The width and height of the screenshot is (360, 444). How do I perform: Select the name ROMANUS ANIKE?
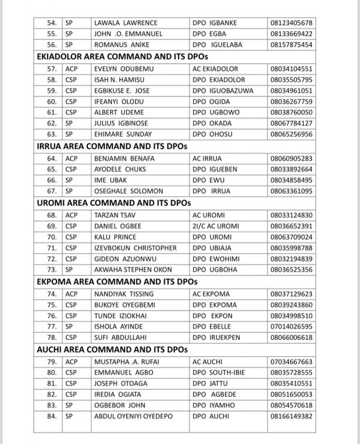[x=119, y=45]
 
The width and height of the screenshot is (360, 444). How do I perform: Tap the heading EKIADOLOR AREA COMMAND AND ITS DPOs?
[x=113, y=57]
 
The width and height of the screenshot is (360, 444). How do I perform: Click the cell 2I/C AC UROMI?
[x=216, y=226]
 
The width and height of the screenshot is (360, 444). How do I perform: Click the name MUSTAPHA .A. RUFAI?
[x=126, y=362]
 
